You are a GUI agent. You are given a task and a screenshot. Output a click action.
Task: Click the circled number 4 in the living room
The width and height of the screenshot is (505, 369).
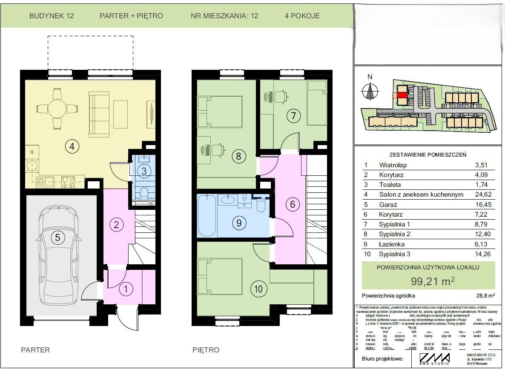(x=72, y=147)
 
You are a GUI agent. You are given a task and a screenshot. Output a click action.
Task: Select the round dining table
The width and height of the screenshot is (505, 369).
(x=57, y=109)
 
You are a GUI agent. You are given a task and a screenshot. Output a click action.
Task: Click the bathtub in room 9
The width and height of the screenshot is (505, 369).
(x=207, y=216)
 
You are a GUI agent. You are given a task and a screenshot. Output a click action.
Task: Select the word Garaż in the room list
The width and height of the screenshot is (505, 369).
(x=388, y=205)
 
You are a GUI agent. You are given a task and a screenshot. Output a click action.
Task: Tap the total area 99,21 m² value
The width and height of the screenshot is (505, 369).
(x=429, y=281)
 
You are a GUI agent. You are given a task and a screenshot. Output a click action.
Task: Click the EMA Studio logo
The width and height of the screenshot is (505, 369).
(x=434, y=358)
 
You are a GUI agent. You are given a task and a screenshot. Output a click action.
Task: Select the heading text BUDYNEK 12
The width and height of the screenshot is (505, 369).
(x=52, y=16)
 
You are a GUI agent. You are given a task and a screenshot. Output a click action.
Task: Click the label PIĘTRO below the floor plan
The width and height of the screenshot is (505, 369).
(x=206, y=350)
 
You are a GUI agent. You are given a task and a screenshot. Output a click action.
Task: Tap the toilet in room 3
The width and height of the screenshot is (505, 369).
(x=144, y=194)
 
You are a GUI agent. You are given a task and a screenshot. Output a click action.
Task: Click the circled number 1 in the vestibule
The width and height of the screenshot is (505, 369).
(x=126, y=290)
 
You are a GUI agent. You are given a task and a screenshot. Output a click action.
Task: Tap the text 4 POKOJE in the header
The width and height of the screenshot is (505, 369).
(x=302, y=16)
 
